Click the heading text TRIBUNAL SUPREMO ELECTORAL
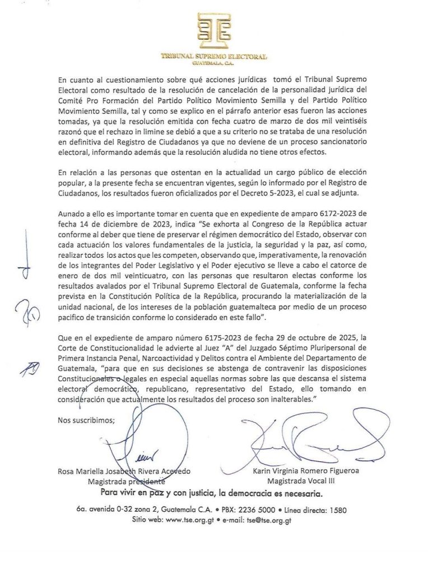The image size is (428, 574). click(213, 57)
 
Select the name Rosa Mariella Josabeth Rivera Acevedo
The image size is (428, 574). click(124, 471)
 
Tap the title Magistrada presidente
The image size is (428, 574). click(126, 481)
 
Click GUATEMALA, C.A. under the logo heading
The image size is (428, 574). click(213, 63)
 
